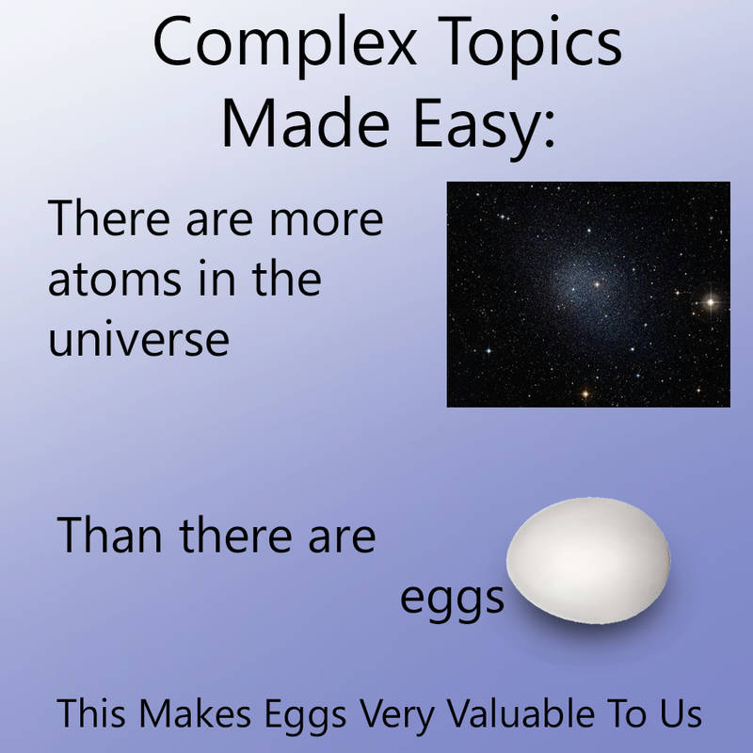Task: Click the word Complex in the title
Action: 285,45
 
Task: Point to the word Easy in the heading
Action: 484,127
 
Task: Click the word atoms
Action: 115,280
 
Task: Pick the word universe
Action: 138,339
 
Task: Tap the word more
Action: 327,222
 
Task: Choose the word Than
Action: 109,535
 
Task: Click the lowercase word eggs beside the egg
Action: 452,601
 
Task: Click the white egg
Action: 588,560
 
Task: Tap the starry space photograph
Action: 588,295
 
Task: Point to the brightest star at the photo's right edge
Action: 711,302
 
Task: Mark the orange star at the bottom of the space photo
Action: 585,394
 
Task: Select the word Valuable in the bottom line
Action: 521,713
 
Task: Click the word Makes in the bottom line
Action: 195,713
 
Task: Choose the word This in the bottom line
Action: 91,713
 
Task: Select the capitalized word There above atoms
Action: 109,218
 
